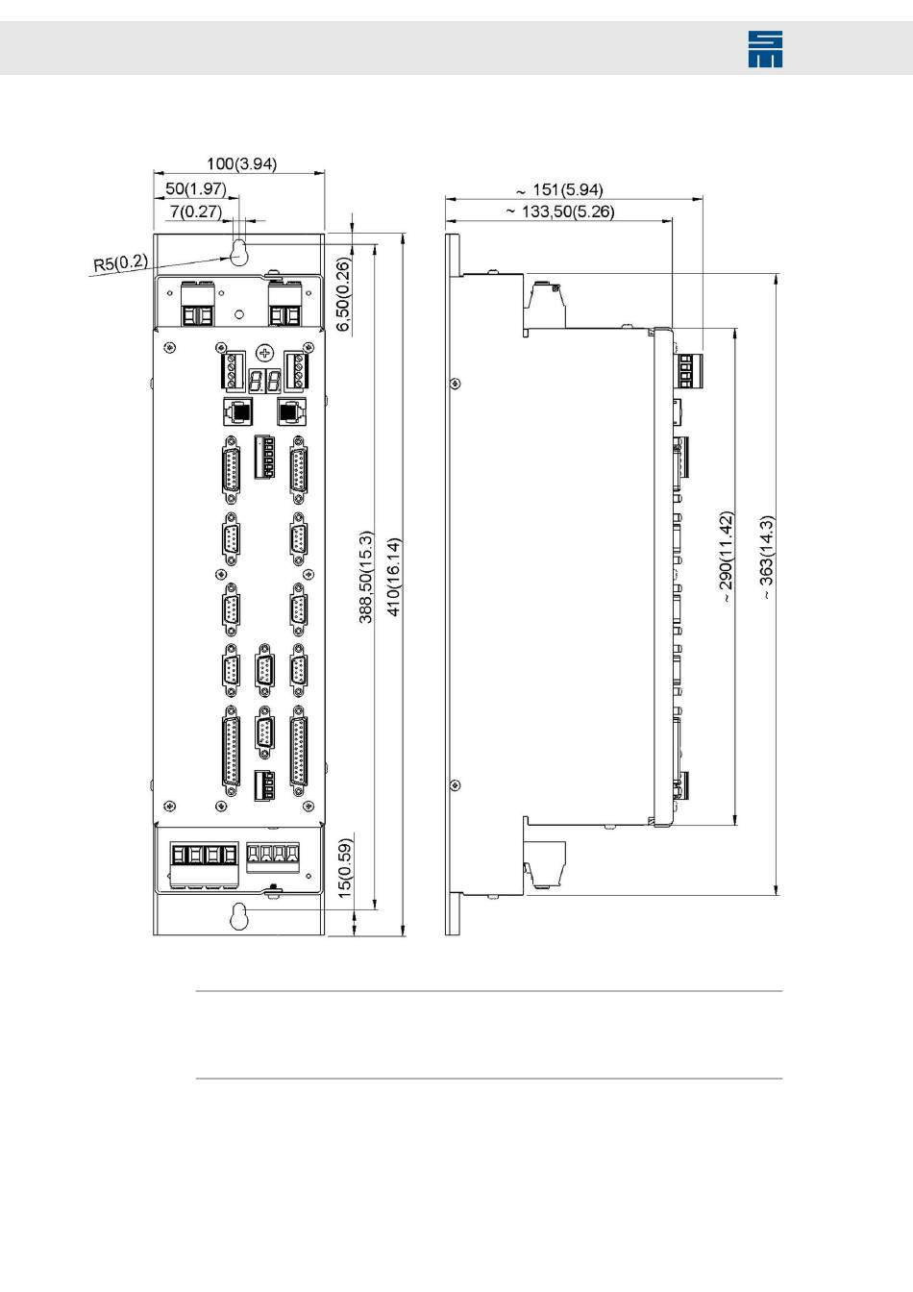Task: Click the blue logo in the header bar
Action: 765,48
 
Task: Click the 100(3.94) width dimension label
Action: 241,164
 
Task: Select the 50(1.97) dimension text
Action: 196,189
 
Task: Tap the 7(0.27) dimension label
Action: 195,211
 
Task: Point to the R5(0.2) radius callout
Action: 120,262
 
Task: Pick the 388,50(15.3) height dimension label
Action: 365,577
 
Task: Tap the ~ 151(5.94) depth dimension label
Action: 559,190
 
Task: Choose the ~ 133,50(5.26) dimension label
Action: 560,211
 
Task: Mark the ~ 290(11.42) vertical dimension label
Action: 726,558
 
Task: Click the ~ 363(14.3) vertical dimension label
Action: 766,558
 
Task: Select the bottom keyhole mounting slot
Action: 238,918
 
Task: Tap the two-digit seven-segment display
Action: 264,381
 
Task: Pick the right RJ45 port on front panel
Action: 292,411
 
